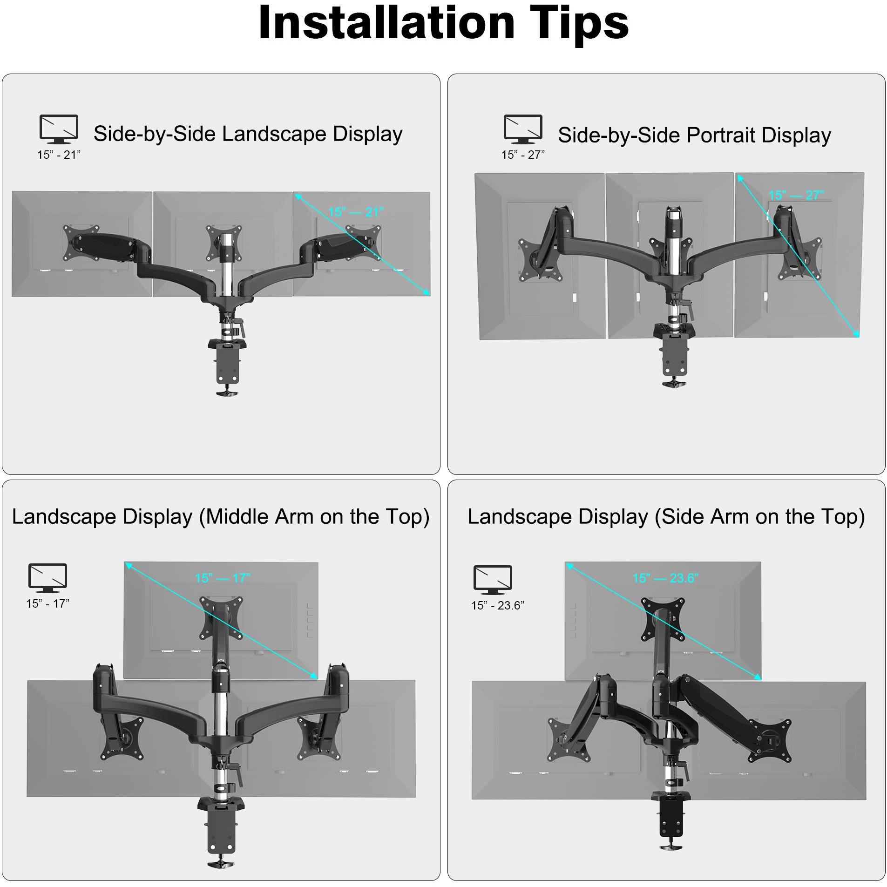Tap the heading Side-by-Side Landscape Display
tap(248, 134)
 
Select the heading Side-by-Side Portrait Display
tap(694, 135)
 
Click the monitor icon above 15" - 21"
tap(59, 129)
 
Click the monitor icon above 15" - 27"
tap(523, 129)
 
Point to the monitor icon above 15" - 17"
tap(47, 578)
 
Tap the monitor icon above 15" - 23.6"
tap(493, 580)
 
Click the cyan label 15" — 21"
tap(356, 212)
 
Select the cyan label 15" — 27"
tap(796, 195)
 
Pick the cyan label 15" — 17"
tap(223, 578)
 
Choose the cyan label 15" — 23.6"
tap(665, 578)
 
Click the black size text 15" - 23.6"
tap(497, 605)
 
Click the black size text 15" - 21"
tap(59, 155)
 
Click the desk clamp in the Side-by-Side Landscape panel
tap(227, 368)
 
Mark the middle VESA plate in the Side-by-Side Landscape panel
tap(224, 242)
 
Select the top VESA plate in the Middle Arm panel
tap(222, 617)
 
